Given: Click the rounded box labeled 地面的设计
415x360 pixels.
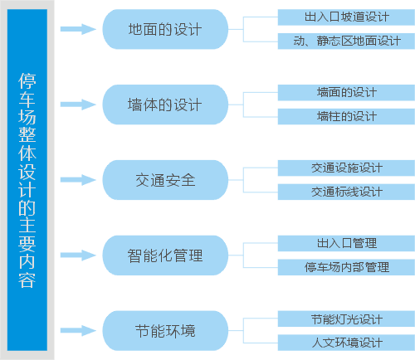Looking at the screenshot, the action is point(165,29).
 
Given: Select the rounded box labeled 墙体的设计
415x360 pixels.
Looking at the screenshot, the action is point(165,105).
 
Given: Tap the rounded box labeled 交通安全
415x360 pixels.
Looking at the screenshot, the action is point(165,180).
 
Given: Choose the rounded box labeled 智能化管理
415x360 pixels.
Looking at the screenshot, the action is point(165,255).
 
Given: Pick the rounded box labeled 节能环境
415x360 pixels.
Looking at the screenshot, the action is point(165,331).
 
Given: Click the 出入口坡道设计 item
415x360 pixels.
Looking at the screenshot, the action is point(346,17).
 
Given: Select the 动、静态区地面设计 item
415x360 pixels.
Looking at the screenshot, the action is point(346,41).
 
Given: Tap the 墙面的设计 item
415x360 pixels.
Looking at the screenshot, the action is point(346,93).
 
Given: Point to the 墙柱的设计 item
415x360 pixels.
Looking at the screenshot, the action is point(346,116).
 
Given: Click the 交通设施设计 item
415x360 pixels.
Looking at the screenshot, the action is point(346,168).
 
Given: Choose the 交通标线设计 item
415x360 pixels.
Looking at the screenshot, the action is point(346,192).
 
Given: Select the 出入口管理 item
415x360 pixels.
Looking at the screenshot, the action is point(346,243).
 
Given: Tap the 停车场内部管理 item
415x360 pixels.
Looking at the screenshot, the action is point(346,267).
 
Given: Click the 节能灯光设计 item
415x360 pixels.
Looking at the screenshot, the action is point(346,319).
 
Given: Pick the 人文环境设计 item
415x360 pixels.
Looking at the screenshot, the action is point(346,343).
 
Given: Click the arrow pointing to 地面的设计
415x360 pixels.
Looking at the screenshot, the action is point(78,29).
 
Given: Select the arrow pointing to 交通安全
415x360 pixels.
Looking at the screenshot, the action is point(78,180).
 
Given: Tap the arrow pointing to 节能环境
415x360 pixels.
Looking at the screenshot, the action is point(78,330).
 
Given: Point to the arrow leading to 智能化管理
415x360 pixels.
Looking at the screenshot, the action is point(78,255).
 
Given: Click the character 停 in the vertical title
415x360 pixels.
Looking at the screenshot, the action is point(27,80).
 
